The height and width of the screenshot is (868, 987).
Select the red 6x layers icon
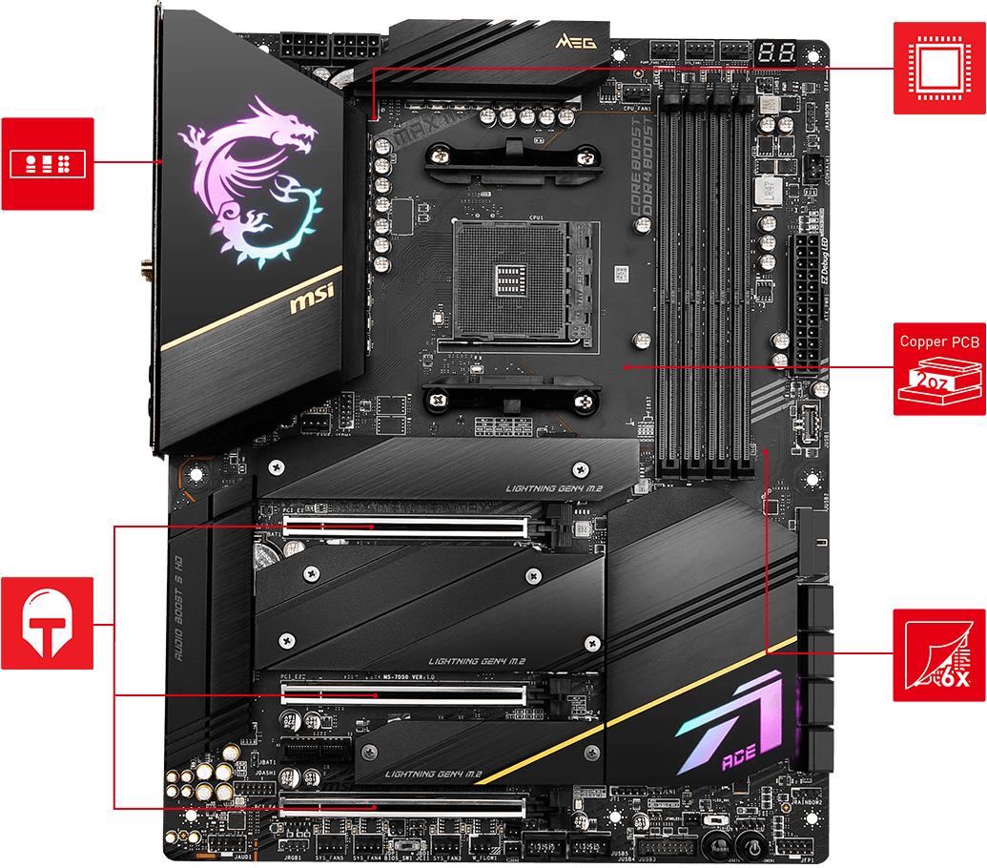click(x=939, y=653)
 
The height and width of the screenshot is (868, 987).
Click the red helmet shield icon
click(x=47, y=622)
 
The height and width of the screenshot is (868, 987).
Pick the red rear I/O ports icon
click(x=47, y=163)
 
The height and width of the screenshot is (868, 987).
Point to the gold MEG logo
click(x=569, y=42)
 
